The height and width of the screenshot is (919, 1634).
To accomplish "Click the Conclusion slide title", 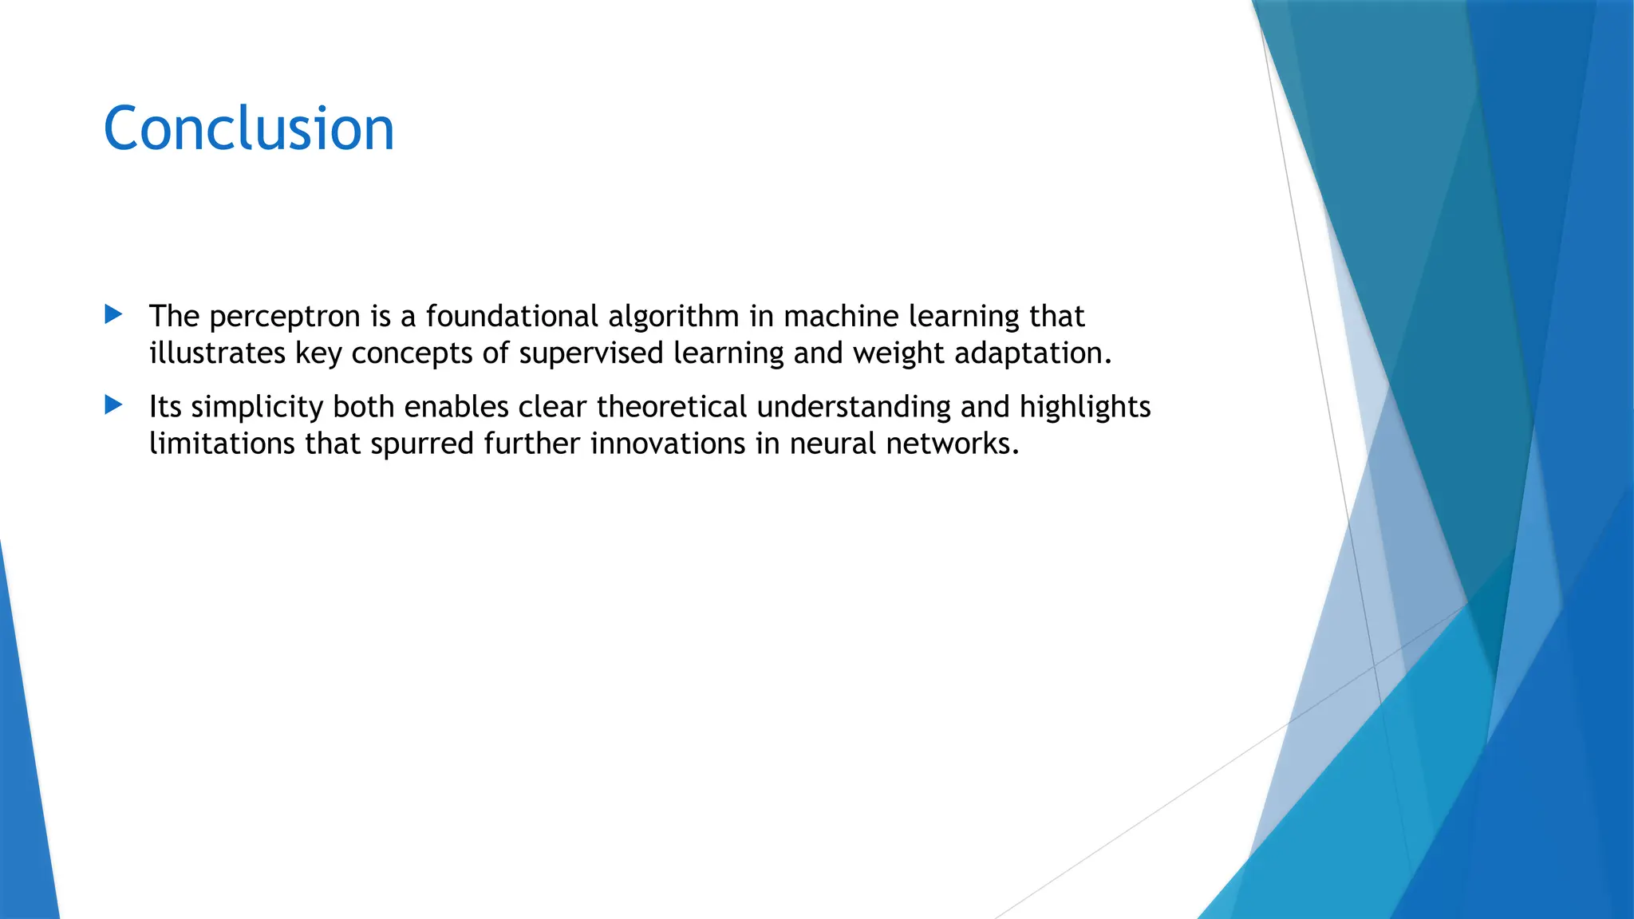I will (x=249, y=128).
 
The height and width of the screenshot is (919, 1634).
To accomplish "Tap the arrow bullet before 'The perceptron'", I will (x=113, y=314).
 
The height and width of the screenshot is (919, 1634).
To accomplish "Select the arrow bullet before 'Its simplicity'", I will (x=113, y=405).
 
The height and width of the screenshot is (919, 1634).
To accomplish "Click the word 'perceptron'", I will (x=285, y=318).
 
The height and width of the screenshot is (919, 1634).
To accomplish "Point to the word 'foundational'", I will (x=511, y=317).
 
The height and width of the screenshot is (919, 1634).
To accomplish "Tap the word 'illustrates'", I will (x=217, y=353).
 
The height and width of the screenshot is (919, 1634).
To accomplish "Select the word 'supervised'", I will (x=591, y=353).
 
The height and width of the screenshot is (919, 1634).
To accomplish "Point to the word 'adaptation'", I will (x=1032, y=353).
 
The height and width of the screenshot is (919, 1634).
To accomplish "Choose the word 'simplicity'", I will (x=257, y=408).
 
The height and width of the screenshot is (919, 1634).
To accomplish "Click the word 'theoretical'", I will (x=671, y=407).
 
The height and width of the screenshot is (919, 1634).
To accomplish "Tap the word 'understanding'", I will (x=854, y=408).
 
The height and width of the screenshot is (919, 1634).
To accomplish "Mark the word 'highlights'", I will (x=1085, y=408).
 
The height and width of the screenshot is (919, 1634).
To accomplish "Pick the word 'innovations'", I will (x=668, y=443).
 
